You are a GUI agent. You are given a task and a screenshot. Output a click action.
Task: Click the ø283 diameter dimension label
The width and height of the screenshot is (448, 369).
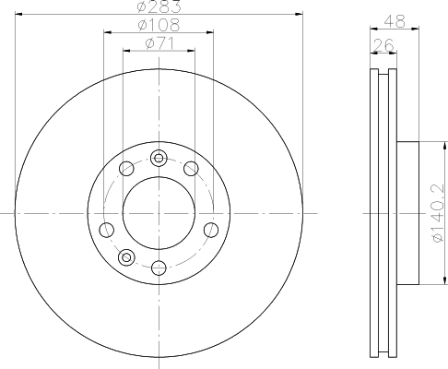[159, 8]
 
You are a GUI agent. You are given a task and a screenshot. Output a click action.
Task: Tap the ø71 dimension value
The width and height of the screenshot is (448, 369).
[159, 43]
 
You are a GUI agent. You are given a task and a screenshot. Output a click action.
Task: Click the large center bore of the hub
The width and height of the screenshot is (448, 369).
[159, 211]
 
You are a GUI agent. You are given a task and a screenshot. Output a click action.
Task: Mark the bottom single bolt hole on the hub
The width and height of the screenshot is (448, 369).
[159, 268]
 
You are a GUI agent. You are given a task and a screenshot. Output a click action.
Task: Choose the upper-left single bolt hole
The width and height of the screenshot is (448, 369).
[126, 167]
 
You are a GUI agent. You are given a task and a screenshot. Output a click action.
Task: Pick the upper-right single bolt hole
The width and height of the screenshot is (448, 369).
[191, 167]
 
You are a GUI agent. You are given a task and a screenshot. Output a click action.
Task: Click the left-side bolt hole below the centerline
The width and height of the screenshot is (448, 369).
[106, 229]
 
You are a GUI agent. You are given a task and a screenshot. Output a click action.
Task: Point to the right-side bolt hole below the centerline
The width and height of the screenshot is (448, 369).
[211, 229]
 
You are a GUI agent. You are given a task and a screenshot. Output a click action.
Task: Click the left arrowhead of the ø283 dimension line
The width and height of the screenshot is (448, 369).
[18, 15]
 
